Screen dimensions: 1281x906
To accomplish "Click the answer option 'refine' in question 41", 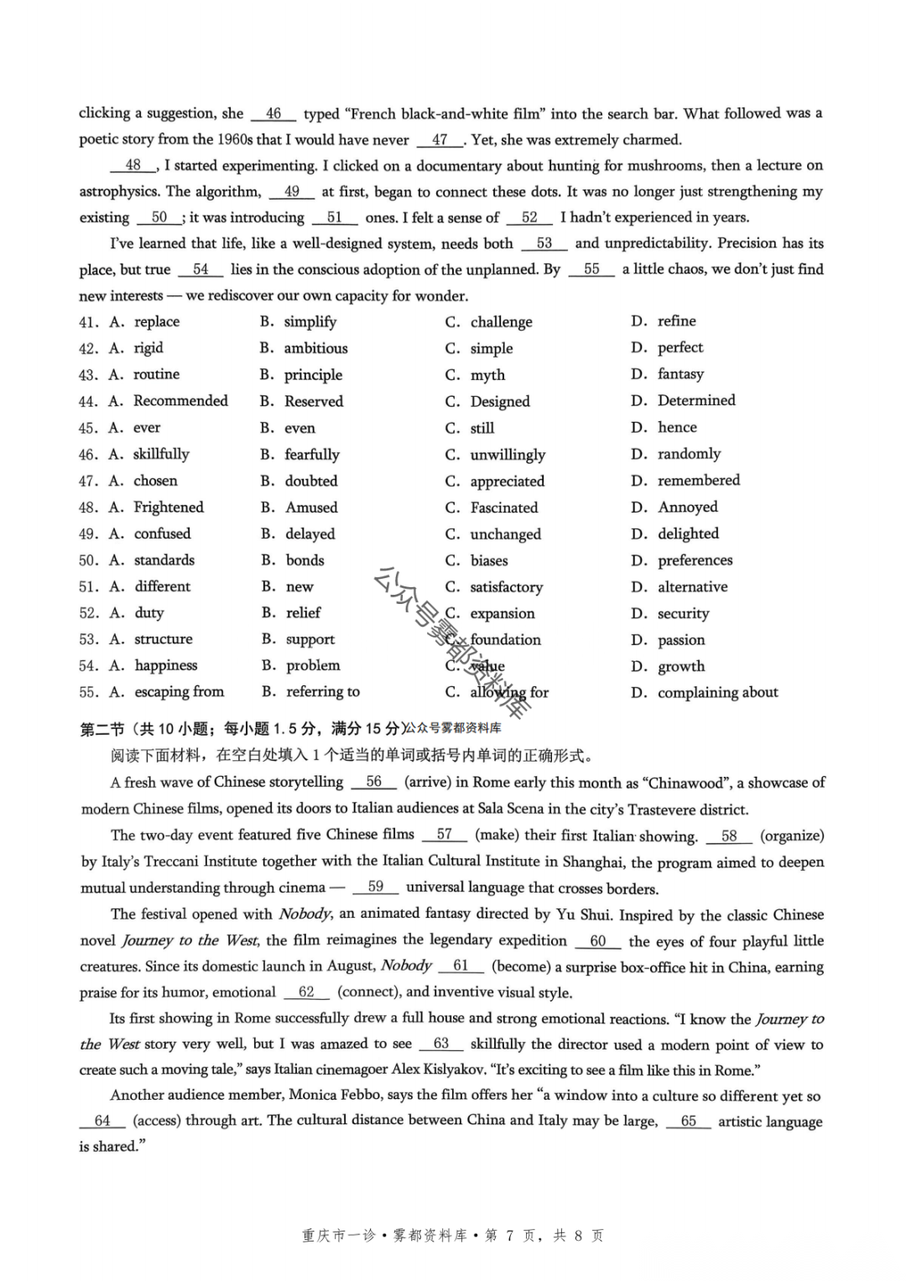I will click(x=676, y=321).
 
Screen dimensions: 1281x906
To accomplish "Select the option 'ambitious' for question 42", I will click(x=315, y=348).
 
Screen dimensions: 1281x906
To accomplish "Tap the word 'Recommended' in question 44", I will click(x=180, y=401).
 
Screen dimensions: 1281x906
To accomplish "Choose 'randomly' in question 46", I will click(x=689, y=454).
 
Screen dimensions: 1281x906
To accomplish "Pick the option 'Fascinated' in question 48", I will click(x=503, y=508).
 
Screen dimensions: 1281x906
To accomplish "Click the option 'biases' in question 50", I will click(x=488, y=560).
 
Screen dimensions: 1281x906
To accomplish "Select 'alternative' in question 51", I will click(x=692, y=587).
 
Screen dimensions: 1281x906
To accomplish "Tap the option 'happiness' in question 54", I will click(x=166, y=666).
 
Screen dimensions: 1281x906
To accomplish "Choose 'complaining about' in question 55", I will click(x=717, y=693).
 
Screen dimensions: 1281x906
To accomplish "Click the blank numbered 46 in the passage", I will click(x=273, y=113).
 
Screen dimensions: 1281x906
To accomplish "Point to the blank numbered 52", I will click(x=529, y=217).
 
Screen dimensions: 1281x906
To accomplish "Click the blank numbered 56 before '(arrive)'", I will click(x=373, y=782).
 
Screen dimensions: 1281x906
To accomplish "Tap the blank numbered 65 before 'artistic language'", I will click(x=688, y=1122).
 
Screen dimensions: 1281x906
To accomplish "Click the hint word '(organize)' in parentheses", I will click(x=792, y=836).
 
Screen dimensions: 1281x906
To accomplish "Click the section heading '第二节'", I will click(x=102, y=729).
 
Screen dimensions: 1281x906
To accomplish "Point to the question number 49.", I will click(x=88, y=534).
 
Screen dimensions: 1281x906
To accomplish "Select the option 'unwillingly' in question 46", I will click(x=508, y=455).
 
